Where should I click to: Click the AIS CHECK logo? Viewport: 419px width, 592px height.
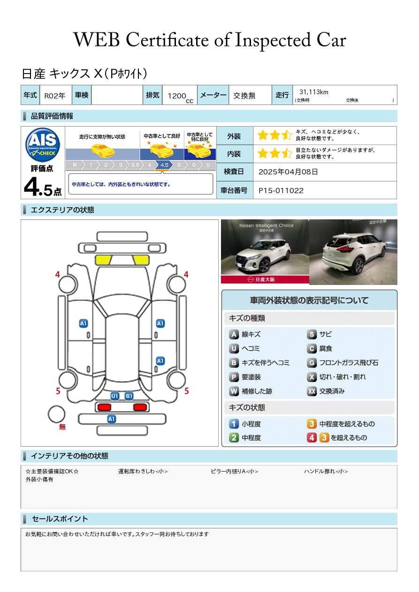point(43,144)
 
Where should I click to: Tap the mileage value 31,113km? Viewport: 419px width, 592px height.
point(314,92)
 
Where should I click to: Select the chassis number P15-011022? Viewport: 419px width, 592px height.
point(281,191)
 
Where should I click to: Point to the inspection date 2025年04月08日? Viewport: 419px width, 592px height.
point(288,172)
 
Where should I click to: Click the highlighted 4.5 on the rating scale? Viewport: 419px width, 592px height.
point(164,165)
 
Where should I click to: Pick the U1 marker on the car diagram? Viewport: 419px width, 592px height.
point(115,396)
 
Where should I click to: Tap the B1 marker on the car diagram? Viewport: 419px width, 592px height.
point(129,396)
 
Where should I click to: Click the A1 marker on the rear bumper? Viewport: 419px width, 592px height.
point(111,419)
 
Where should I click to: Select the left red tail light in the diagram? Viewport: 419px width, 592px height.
point(104,407)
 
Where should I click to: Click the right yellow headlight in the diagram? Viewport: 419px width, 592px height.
point(141,260)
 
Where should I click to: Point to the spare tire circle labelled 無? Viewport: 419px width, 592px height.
point(56,414)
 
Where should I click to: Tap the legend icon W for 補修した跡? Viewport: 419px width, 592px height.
point(234,391)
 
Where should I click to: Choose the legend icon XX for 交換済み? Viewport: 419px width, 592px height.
point(312,391)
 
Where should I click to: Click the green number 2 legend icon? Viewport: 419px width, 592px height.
point(234,438)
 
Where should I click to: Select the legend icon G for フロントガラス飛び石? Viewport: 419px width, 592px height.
point(312,363)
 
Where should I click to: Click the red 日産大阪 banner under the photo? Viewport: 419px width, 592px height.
point(265,279)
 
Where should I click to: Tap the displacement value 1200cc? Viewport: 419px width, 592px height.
point(180,97)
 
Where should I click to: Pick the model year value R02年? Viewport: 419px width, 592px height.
point(55,96)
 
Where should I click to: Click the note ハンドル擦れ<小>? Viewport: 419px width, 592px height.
point(326,471)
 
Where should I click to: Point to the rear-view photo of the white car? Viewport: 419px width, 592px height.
point(353,252)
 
